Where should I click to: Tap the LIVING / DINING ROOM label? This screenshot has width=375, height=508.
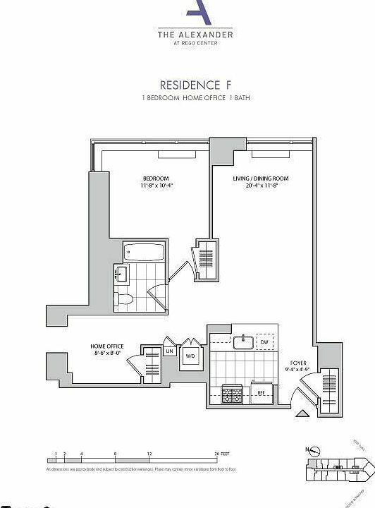(x=261, y=179)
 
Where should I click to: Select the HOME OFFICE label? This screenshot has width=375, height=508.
(x=106, y=346)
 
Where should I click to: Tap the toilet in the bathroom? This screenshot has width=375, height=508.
(x=124, y=301)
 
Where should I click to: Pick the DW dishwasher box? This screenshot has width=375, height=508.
(x=264, y=342)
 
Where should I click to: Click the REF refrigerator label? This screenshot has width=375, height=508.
(x=260, y=392)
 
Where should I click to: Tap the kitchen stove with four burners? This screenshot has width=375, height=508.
(x=232, y=393)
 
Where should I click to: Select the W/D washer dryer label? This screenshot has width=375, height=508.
(x=190, y=356)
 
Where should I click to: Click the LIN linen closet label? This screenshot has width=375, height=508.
(x=169, y=351)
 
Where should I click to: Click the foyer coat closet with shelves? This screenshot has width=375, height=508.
(x=328, y=390)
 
